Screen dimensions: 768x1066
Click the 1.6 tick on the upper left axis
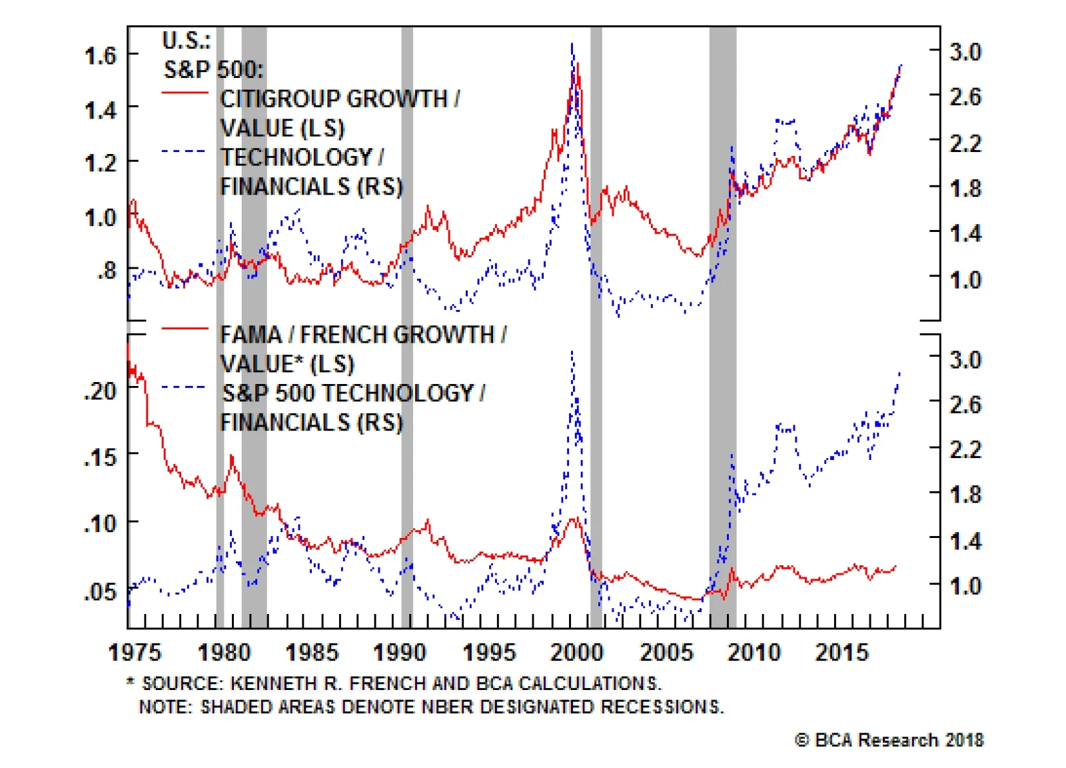[101, 55]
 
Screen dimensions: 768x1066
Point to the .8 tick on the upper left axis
[106, 271]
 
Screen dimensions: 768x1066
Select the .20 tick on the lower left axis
[101, 391]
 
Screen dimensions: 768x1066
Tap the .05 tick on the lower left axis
[101, 591]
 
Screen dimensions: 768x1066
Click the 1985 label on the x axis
[312, 652]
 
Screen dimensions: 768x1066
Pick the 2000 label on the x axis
[576, 652]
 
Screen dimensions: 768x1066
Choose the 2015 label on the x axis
[841, 652]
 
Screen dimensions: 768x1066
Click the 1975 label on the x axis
[135, 652]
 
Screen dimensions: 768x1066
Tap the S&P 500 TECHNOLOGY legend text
[353, 393]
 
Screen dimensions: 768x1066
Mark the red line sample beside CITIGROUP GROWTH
[185, 93]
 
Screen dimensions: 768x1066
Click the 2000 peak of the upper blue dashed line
[572, 45]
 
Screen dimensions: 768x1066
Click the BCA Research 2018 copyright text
[889, 740]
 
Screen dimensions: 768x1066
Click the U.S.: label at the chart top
[186, 41]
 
